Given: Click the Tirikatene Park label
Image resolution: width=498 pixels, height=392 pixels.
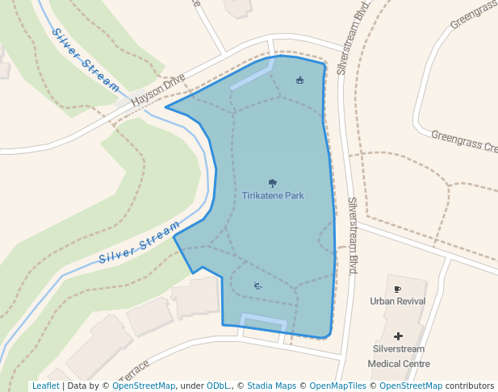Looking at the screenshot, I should [273, 195].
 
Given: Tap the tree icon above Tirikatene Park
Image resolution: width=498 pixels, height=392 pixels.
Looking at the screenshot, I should [273, 183].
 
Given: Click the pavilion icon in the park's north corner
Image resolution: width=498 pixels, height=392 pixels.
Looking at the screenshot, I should [300, 80].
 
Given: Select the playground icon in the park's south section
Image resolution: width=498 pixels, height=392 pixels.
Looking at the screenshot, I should [257, 285].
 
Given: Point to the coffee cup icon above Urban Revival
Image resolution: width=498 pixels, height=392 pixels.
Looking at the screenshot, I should [397, 289].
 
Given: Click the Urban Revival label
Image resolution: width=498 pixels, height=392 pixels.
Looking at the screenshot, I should [397, 302].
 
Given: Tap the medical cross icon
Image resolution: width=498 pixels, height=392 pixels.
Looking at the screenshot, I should [397, 335].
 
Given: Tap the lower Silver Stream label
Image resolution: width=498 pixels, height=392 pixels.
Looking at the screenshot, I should [139, 243].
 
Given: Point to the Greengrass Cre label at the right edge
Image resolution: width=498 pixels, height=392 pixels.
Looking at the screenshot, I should [464, 142].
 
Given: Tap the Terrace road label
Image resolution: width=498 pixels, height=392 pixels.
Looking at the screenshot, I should [133, 371].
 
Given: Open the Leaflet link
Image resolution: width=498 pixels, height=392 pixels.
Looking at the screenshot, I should [45, 386].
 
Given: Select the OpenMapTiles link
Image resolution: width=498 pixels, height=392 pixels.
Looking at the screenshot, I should [338, 386].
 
